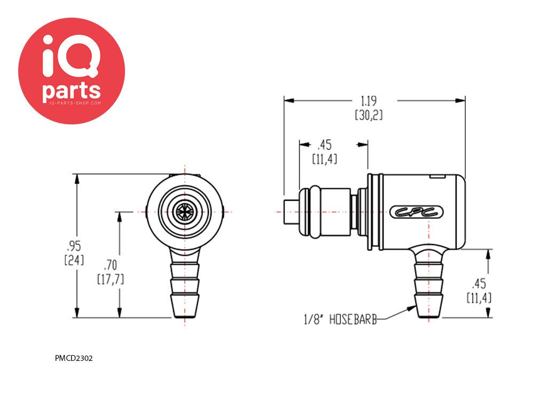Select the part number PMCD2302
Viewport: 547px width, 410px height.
pyautogui.click(x=74, y=358)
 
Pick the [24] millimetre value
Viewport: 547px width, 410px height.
pyautogui.click(x=73, y=261)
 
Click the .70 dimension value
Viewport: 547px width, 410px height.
pyautogui.click(x=111, y=264)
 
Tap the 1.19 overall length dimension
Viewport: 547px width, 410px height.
pyautogui.click(x=369, y=101)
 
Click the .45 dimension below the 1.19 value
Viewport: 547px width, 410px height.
pyautogui.click(x=324, y=145)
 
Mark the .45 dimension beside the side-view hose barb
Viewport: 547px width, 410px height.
pyautogui.click(x=479, y=283)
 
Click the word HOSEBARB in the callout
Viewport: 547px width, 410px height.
pyautogui.click(x=353, y=320)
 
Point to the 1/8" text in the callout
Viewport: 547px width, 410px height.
pyautogui.click(x=315, y=320)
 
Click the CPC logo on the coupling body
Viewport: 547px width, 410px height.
pyautogui.click(x=417, y=212)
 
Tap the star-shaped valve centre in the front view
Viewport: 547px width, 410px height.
pyautogui.click(x=184, y=211)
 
